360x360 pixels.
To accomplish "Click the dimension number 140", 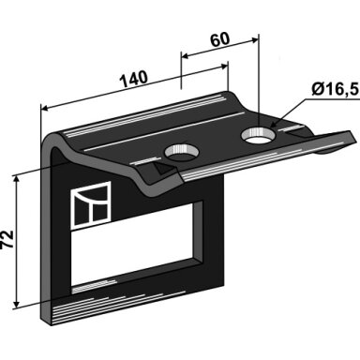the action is pyautogui.click(x=134, y=80).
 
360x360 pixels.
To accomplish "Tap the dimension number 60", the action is pyautogui.click(x=219, y=39).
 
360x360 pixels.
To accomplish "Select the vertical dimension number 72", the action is pyautogui.click(x=7, y=239).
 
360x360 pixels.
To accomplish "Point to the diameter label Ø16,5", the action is pyautogui.click(x=334, y=90).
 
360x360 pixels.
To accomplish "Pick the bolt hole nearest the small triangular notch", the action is pyautogui.click(x=181, y=152).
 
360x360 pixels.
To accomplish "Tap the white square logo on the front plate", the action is pyautogui.click(x=91, y=204).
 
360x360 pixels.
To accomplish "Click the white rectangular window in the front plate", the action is pyautogui.click(x=133, y=244).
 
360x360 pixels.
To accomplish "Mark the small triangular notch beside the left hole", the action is pyautogui.click(x=162, y=169).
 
